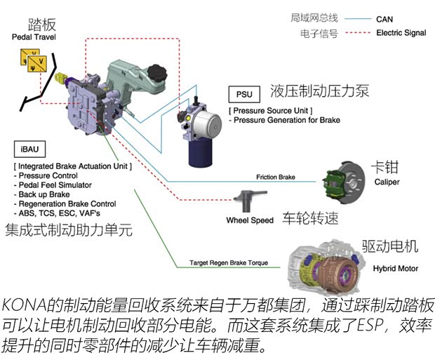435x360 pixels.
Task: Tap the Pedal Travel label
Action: point(34,36)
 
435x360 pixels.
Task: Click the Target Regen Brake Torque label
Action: point(229,263)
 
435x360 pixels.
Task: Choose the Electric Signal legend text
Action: point(401,33)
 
